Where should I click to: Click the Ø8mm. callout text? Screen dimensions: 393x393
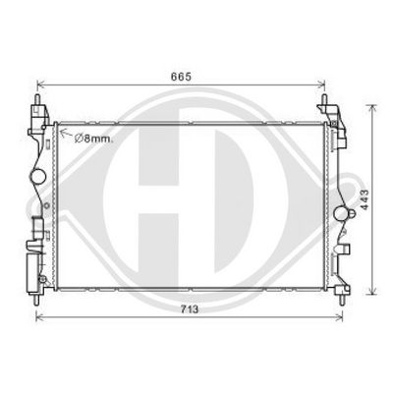(x=91, y=139)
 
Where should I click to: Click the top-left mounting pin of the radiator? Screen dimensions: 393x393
(x=37, y=103)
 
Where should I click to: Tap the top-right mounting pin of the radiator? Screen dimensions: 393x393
(x=325, y=103)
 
